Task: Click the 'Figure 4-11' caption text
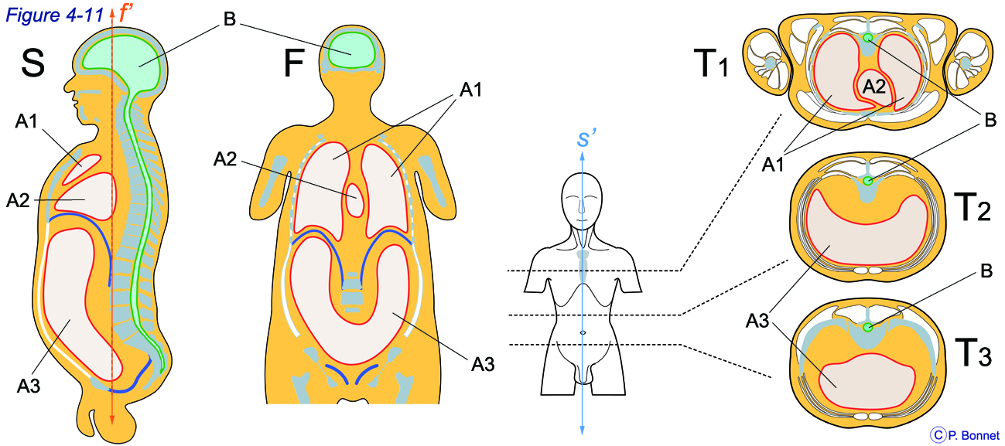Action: coord(55,15)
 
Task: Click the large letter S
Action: coord(32,63)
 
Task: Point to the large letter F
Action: coord(294,63)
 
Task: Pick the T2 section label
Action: coord(972,206)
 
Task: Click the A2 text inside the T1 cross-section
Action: coord(874,86)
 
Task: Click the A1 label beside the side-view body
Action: coord(26,121)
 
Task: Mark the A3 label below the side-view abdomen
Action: coord(29,386)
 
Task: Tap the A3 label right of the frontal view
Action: coord(483,364)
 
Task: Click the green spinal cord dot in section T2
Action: coord(868,181)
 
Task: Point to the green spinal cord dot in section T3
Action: coord(868,327)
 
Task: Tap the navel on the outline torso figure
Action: coord(583,332)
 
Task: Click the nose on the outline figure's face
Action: coord(582,206)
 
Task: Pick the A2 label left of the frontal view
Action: coord(225,159)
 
